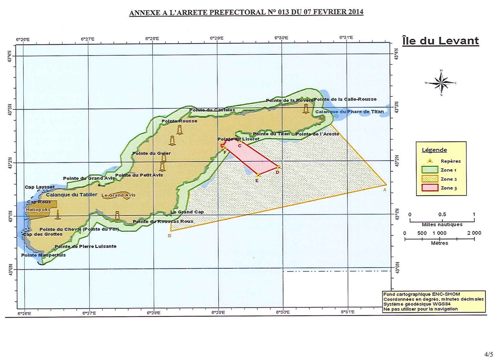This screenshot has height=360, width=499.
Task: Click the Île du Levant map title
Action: pos(440,41)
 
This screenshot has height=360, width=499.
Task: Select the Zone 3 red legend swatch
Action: pos(430,188)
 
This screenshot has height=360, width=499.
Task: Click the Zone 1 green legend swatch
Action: pos(430,170)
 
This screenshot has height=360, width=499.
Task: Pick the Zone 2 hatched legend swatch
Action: pos(430,179)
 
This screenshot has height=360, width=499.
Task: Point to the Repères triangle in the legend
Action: pos(430,161)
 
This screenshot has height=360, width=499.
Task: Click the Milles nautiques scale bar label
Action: pos(442,225)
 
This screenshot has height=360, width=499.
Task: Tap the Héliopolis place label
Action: pos(38,210)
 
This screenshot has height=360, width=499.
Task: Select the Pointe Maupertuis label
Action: pos(43,255)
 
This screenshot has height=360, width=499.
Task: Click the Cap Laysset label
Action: pos(40,187)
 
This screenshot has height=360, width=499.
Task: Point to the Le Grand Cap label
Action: pos(187,212)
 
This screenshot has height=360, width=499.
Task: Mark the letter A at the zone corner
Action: pos(385,190)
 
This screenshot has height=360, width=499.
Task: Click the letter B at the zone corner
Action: pos(169,236)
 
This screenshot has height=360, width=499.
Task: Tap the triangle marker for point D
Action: pos(279,167)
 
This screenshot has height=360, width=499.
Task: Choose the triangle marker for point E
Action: pos(258,175)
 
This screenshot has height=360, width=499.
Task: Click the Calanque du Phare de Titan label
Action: pos(349,112)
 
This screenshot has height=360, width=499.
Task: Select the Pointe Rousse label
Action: pos(179,121)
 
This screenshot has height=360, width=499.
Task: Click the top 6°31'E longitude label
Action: pos(346,38)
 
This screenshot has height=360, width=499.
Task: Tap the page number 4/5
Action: pos(489,354)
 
